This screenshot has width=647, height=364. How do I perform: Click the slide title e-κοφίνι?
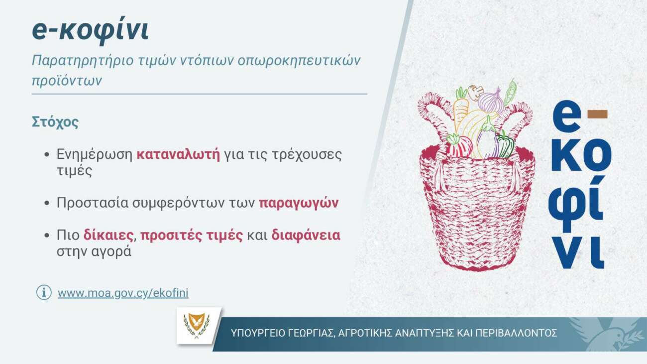[x=90, y=31]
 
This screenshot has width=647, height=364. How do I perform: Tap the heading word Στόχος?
[x=55, y=122]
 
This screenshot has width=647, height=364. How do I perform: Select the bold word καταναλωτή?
[x=178, y=154]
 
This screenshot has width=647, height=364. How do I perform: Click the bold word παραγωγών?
[x=299, y=203]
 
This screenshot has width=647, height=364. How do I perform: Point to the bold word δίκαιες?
[x=108, y=235]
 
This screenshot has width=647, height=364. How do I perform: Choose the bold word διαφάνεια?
[x=306, y=235]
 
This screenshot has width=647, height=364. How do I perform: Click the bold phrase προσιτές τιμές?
[x=192, y=235]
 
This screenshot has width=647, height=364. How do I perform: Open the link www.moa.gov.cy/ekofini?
[x=123, y=293]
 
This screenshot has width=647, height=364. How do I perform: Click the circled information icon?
[x=44, y=292]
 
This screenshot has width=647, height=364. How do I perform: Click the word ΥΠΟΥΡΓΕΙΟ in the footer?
[x=258, y=333]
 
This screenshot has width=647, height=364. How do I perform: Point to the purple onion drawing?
[x=490, y=100]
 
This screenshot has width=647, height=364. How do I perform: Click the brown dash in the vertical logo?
[x=597, y=115]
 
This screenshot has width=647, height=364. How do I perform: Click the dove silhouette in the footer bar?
[x=612, y=334]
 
